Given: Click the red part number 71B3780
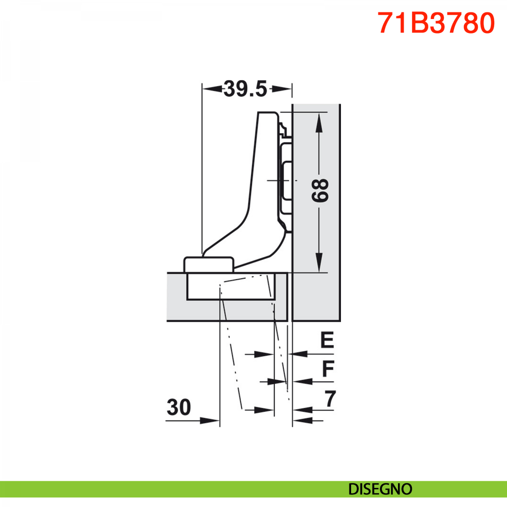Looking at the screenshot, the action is pos(436,23).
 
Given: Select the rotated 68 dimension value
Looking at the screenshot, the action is pos(320,191).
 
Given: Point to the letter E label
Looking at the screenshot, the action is pos(327,340).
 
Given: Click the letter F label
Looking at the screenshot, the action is pos(328,368).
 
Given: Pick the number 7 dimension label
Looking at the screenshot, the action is pos(330,398).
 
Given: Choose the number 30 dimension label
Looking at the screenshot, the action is pos(179,407).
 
